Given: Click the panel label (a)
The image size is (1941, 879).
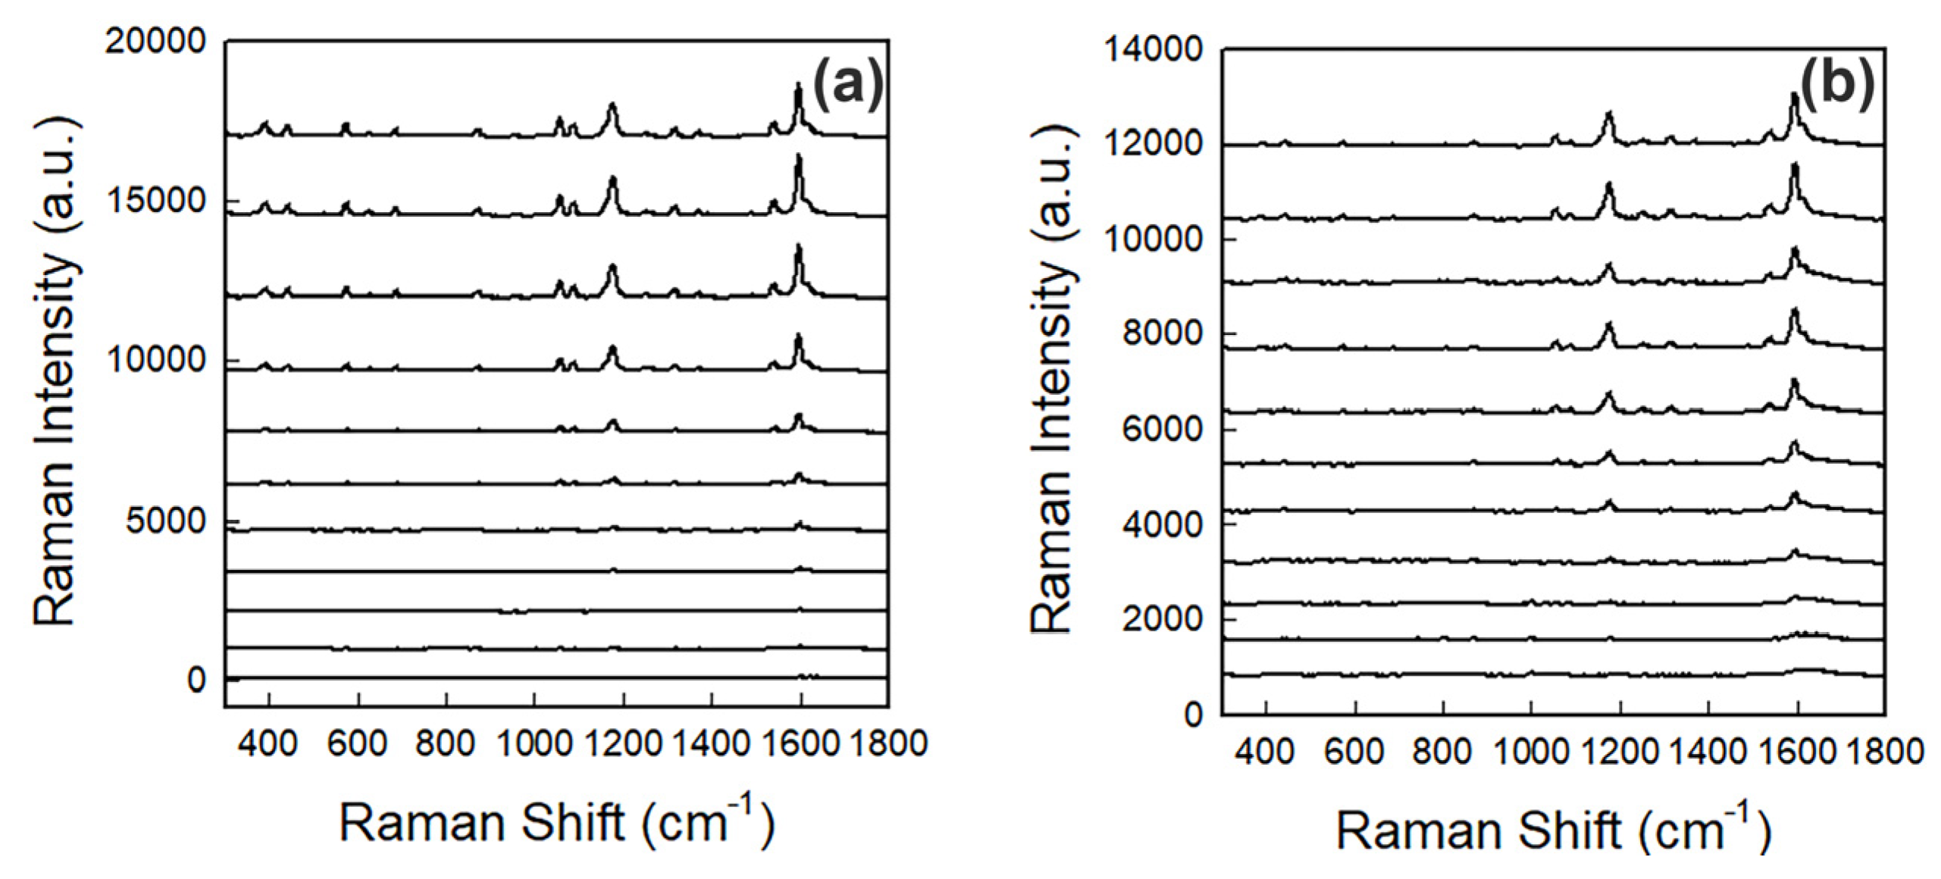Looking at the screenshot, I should point(847,84).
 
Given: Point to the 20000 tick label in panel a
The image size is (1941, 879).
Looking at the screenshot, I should point(155,41).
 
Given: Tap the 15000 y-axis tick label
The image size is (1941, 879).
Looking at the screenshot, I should point(156,201).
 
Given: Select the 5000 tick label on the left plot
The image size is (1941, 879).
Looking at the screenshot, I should point(166,521).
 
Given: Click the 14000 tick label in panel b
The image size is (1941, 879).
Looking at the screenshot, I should point(1153,50).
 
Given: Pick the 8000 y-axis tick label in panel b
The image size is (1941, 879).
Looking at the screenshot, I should point(1162,333).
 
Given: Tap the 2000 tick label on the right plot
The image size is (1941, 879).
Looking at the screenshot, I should point(1162,619).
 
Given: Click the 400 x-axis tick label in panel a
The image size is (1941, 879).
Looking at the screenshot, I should point(267,744).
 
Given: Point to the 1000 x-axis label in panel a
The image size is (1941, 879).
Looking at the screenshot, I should point(534,744).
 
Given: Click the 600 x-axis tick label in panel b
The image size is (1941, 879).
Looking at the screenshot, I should point(1354,752).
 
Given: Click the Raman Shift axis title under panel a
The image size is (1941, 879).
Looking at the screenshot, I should point(557,822).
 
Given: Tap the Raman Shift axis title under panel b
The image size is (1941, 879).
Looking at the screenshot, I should point(1553,830).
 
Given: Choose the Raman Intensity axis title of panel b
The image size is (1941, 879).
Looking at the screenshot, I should point(1051,379).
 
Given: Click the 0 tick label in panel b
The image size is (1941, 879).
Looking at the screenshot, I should point(1193,715).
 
